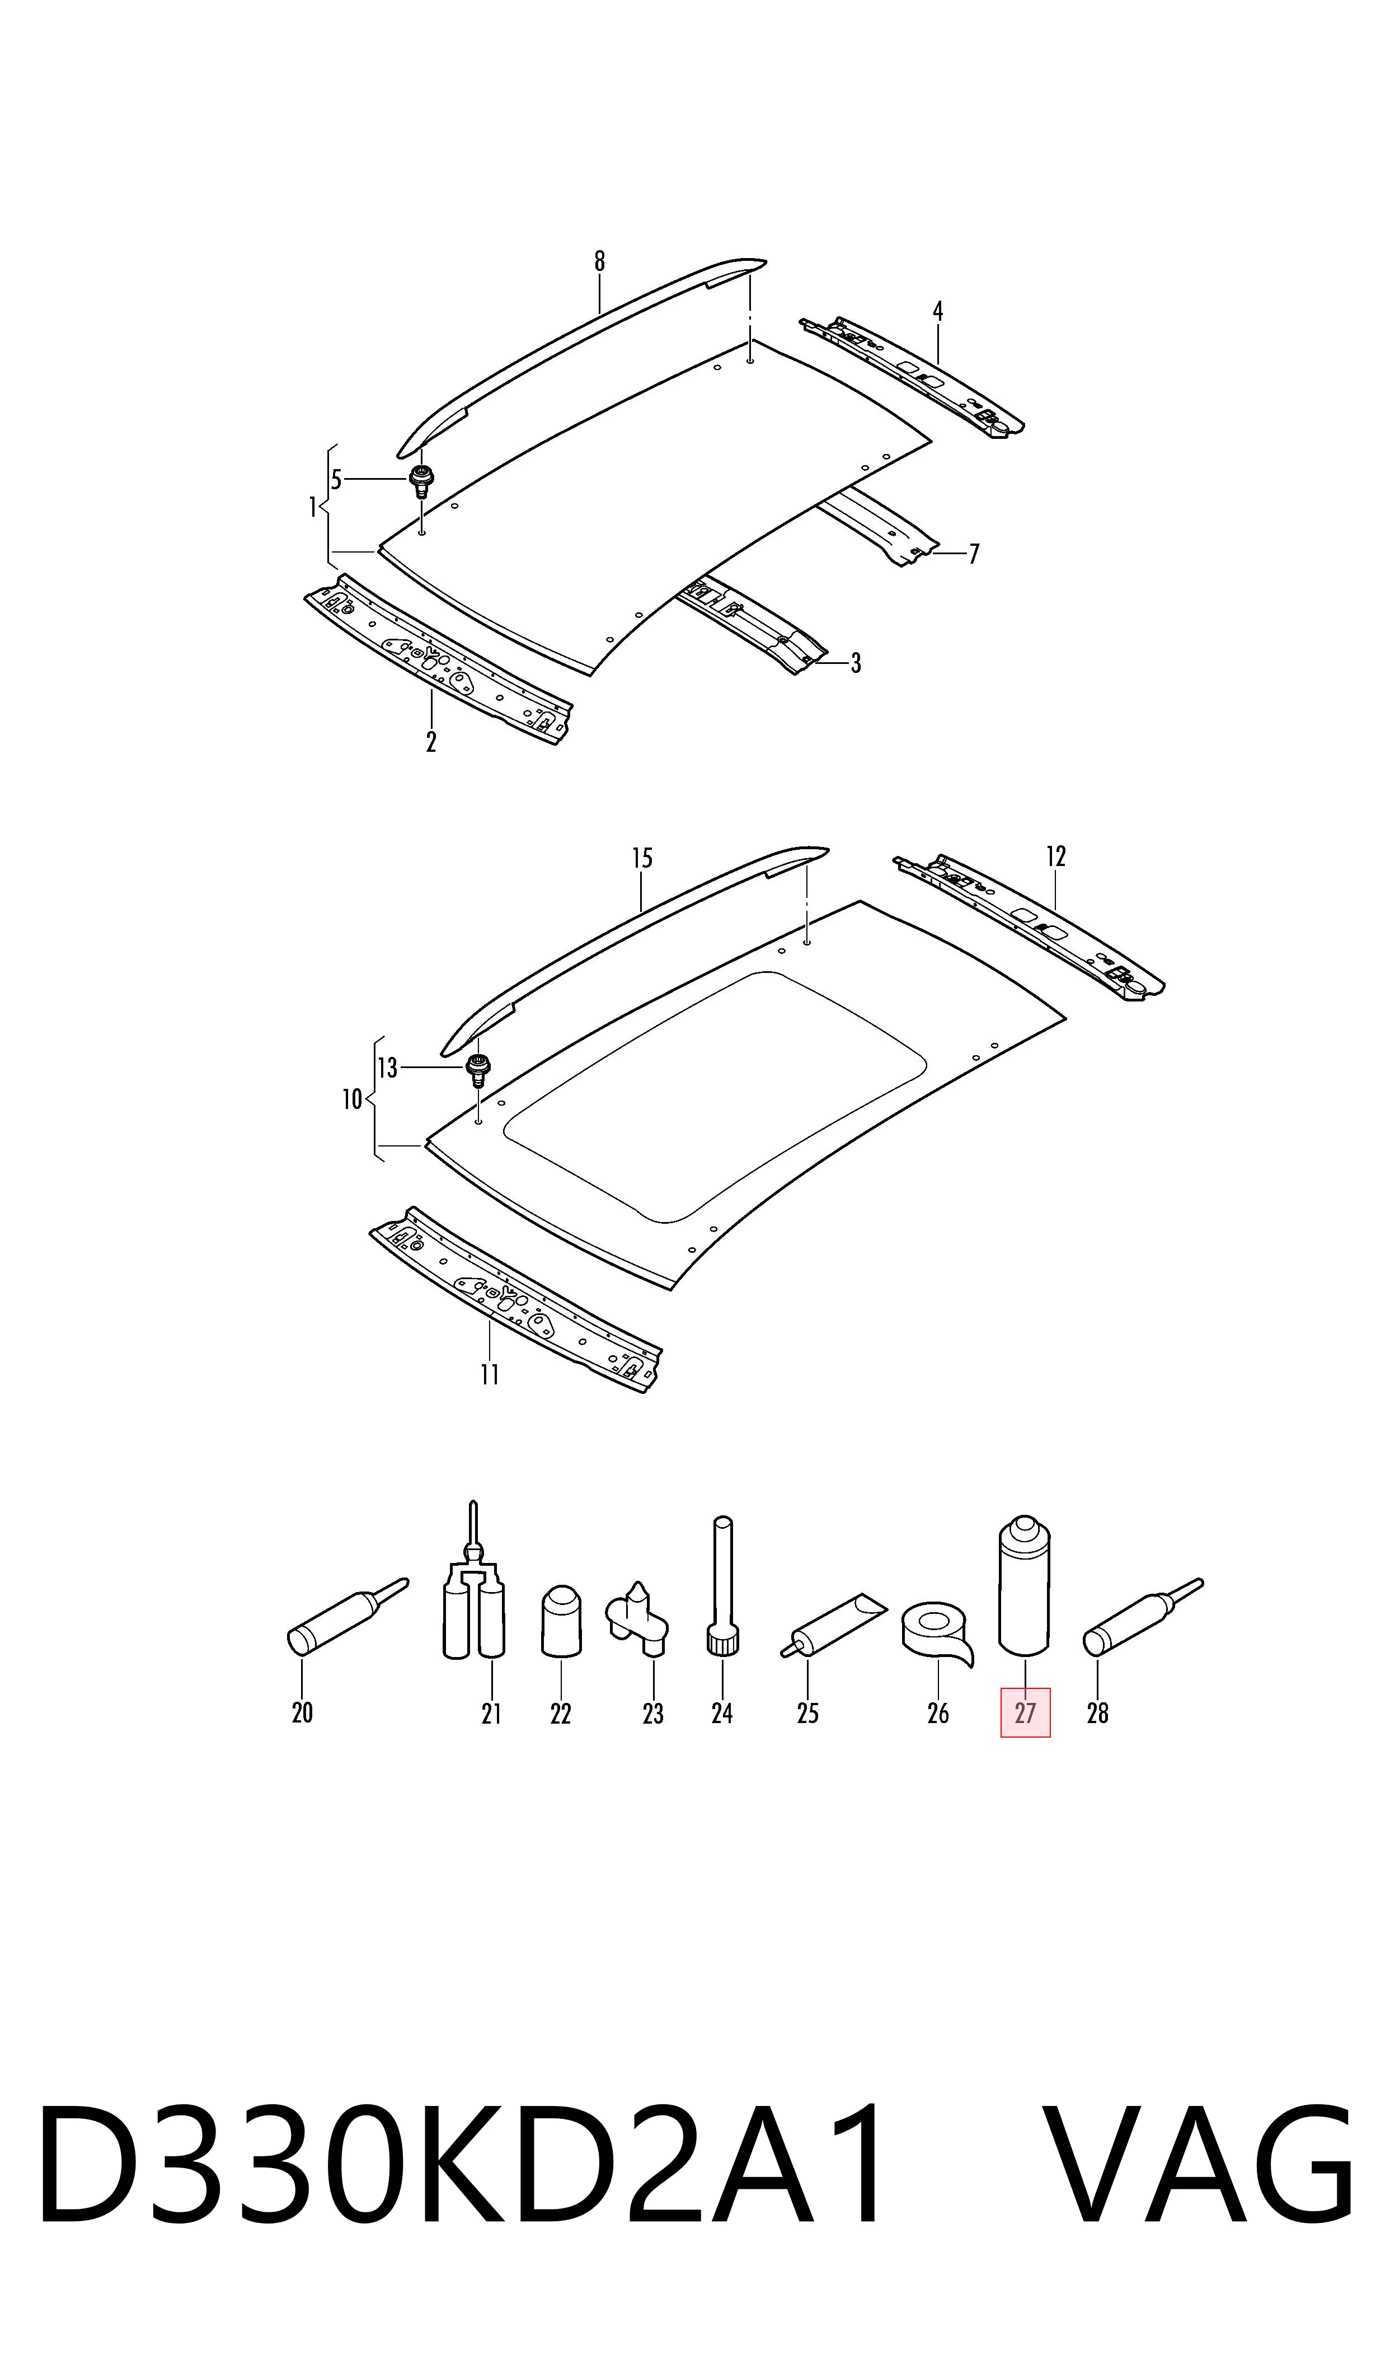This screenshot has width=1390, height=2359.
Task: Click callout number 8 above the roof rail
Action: (599, 261)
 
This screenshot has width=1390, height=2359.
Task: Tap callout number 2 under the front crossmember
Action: (431, 742)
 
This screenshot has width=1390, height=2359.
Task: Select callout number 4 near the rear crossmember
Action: (938, 311)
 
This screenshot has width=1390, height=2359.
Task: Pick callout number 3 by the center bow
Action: (855, 663)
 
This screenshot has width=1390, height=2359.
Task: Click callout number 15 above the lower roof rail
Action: (642, 858)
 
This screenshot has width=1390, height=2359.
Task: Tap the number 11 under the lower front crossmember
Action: (490, 1374)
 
